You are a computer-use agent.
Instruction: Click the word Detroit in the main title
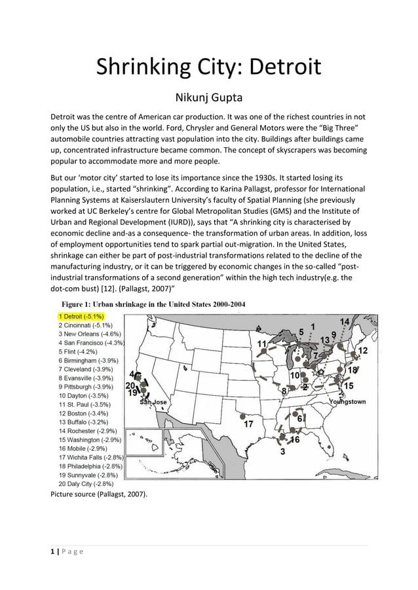282,67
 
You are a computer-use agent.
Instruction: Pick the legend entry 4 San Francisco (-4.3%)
91,342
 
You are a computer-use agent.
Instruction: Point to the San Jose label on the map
155,402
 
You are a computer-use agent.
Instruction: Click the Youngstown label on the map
347,401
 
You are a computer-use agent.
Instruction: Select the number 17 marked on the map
249,424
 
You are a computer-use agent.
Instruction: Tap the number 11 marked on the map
262,343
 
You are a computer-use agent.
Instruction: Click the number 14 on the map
345,321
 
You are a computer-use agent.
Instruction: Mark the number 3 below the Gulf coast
282,451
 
